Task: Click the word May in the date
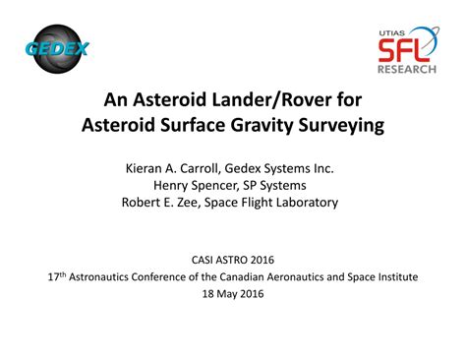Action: tap(234, 294)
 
